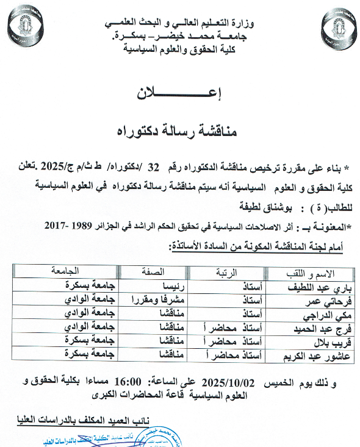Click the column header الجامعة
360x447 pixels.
(80, 271)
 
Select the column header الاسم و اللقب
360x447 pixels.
(311, 273)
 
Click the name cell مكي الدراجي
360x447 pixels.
(323, 313)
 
